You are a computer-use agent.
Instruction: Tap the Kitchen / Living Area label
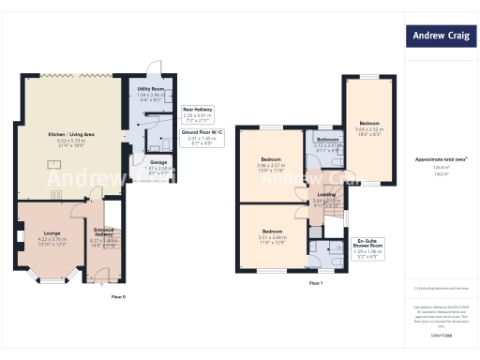click(x=71, y=135)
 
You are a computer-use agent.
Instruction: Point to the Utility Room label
click(x=150, y=89)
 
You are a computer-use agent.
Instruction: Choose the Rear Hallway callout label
click(x=196, y=110)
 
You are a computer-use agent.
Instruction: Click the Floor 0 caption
click(x=118, y=296)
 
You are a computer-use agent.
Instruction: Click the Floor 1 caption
click(x=316, y=283)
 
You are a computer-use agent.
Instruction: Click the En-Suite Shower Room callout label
click(x=357, y=245)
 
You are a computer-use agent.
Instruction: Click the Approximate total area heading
click(x=441, y=159)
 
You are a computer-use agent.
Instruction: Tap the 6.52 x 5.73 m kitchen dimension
click(x=71, y=142)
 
